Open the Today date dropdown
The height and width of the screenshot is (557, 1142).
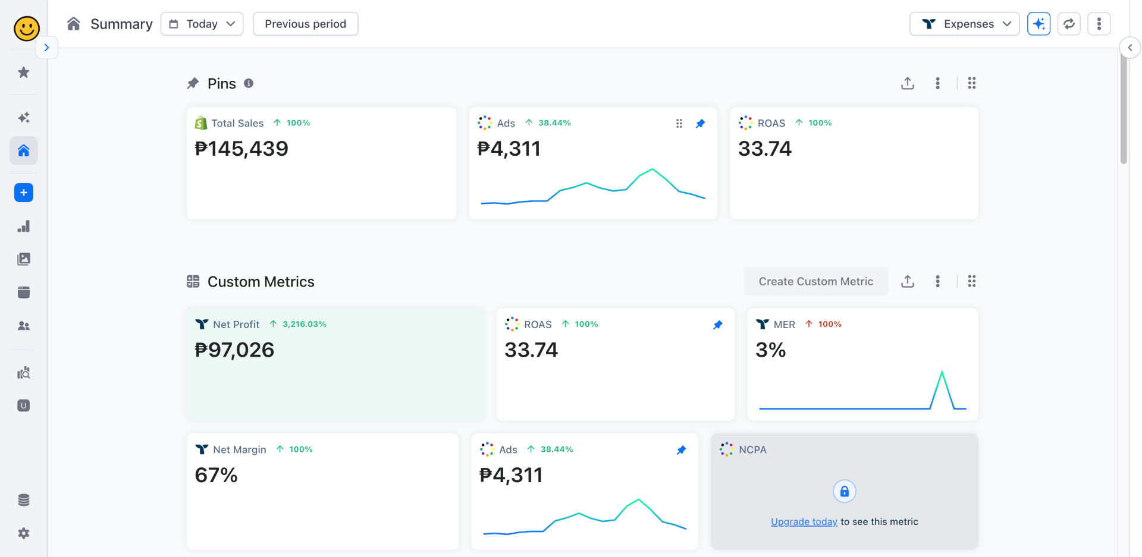click(x=202, y=24)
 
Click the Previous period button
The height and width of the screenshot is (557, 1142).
click(x=305, y=24)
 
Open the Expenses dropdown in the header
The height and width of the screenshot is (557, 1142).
click(x=964, y=24)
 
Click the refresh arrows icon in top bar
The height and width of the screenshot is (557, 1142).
click(x=1069, y=24)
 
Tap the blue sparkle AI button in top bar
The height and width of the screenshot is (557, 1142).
click(x=1039, y=24)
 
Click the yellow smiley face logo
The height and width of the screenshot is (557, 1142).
click(x=26, y=28)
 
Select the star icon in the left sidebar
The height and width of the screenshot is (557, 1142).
click(x=24, y=73)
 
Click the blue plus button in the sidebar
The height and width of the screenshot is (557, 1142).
click(x=24, y=193)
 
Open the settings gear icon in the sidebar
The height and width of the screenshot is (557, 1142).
click(x=24, y=533)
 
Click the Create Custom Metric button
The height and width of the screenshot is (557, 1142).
click(x=815, y=281)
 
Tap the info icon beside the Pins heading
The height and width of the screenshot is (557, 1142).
click(x=249, y=83)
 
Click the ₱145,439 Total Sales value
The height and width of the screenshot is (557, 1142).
click(x=241, y=149)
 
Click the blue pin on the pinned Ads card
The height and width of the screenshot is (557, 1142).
click(x=700, y=124)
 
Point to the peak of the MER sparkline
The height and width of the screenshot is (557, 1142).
click(x=942, y=372)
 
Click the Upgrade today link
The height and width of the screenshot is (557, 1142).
click(x=804, y=521)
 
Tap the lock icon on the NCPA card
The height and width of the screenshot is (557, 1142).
click(x=844, y=491)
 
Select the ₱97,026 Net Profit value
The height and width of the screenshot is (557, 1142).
click(x=234, y=350)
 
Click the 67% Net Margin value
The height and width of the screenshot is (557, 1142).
click(x=216, y=475)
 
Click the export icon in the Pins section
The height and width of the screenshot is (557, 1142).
click(x=907, y=83)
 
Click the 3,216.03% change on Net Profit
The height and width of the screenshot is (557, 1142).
click(x=304, y=324)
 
